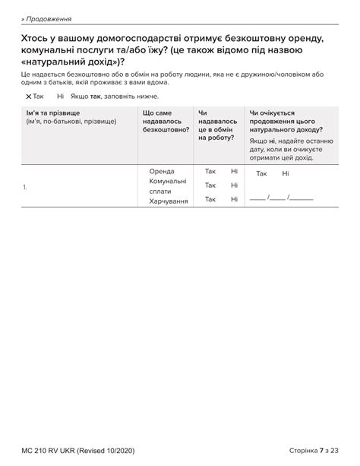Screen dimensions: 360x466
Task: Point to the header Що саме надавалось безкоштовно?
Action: click(x=165, y=121)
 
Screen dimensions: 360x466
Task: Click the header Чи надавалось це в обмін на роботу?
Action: click(x=216, y=125)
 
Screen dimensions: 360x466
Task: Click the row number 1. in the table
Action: click(x=26, y=185)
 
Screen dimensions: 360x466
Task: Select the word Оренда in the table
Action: click(x=162, y=171)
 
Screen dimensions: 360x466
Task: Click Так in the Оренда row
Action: click(x=210, y=171)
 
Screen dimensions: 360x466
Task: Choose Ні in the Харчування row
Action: click(x=234, y=199)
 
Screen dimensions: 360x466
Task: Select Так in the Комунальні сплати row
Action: click(x=210, y=185)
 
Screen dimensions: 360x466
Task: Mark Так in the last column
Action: click(x=261, y=174)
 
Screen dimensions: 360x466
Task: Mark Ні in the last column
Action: click(x=286, y=174)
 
